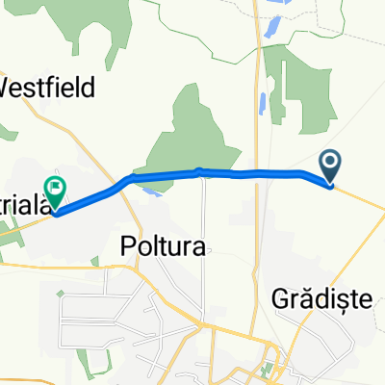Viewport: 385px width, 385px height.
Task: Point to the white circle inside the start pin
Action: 329,163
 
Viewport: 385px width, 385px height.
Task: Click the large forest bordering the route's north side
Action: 197,135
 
